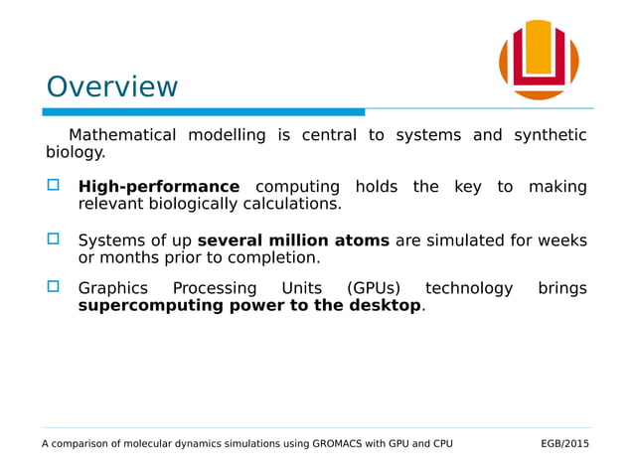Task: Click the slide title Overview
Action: pos(112,87)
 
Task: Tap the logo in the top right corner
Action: pos(539,60)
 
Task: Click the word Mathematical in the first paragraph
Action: pos(121,135)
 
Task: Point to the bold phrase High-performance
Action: pos(159,187)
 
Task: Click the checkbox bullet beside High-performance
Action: pos(54,186)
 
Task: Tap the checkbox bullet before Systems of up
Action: pos(54,239)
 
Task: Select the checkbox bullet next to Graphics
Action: pos(54,287)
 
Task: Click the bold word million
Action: pos(303,240)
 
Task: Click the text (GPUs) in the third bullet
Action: pos(374,288)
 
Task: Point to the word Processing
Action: pos(215,288)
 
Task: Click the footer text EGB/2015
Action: pos(564,443)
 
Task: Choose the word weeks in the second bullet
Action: pos(561,240)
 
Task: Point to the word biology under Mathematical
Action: pos(75,152)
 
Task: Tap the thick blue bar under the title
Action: pos(203,111)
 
